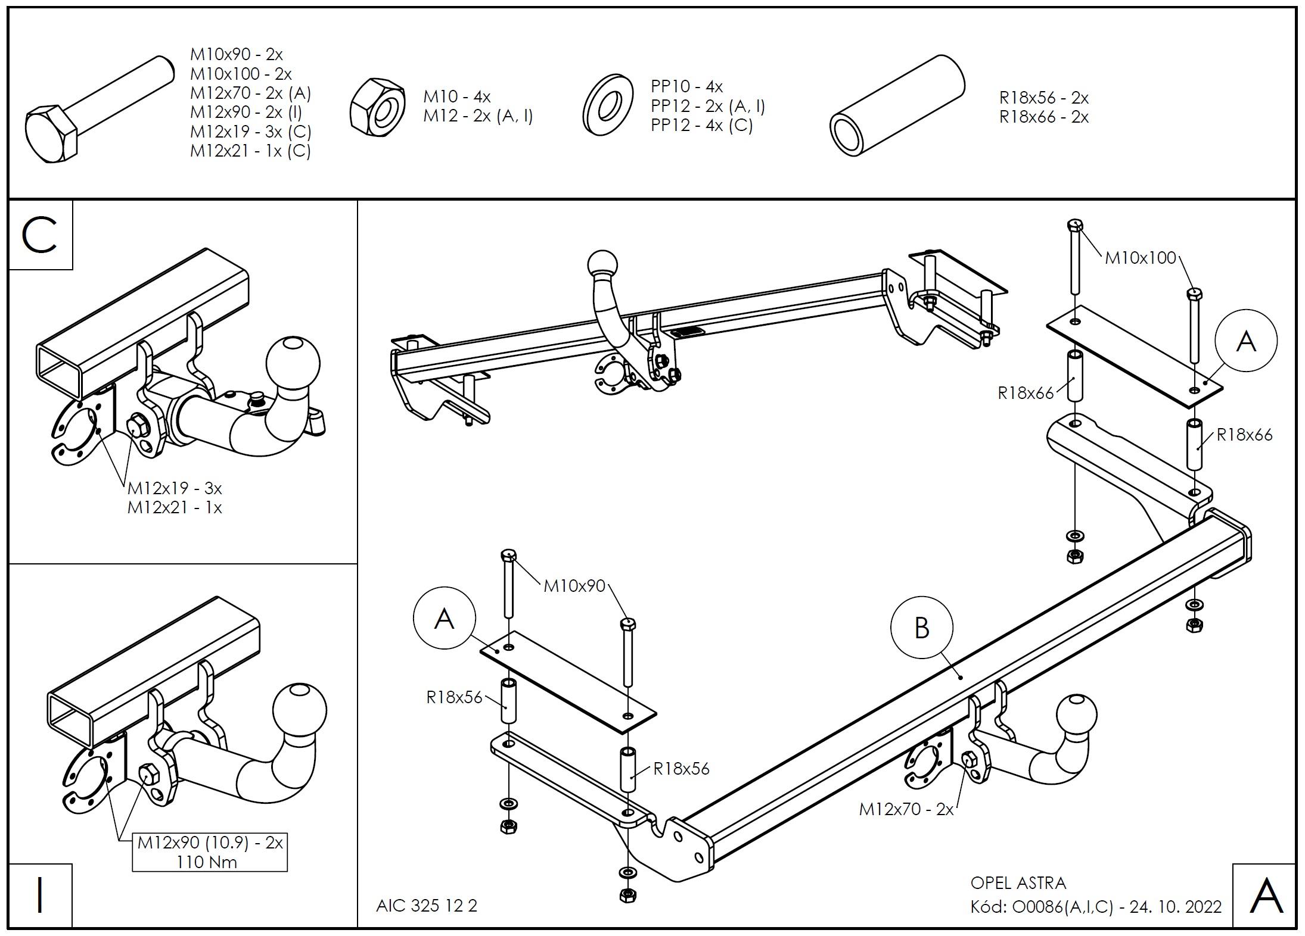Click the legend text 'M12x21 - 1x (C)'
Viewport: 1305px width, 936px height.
click(x=250, y=151)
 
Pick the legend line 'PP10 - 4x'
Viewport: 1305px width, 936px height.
click(x=686, y=87)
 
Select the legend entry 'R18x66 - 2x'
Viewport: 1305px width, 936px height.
click(x=1044, y=117)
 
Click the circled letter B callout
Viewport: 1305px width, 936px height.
click(x=921, y=628)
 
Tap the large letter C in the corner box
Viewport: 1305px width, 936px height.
click(x=40, y=235)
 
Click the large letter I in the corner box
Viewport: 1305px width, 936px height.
click(x=40, y=894)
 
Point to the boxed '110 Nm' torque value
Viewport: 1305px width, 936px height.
click(x=207, y=862)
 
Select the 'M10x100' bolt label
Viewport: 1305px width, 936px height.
click(x=1141, y=258)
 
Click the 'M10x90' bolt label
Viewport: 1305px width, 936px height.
click(x=574, y=586)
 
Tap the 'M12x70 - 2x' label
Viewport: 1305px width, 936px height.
click(x=906, y=809)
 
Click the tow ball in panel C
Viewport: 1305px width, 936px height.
click(x=293, y=364)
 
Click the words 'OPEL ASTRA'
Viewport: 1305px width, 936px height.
click(x=1018, y=882)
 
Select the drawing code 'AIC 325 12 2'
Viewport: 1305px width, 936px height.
click(x=427, y=905)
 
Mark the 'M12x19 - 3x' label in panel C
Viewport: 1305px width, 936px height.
click(x=175, y=489)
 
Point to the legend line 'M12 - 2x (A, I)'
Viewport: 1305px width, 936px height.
click(x=478, y=116)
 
